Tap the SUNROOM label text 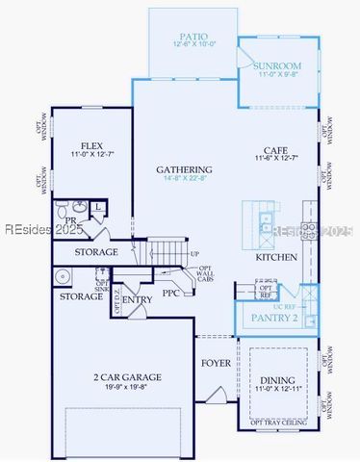pyautogui.click(x=277, y=66)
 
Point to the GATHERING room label pyautogui.click(x=185, y=169)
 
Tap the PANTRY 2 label pyautogui.click(x=275, y=317)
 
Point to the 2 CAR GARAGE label pyautogui.click(x=127, y=377)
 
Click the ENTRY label pyautogui.click(x=138, y=300)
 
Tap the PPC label pyautogui.click(x=171, y=293)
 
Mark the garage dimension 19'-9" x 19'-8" pyautogui.click(x=127, y=389)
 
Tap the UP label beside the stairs pyautogui.click(x=195, y=254)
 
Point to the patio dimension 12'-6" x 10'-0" pyautogui.click(x=194, y=43)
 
